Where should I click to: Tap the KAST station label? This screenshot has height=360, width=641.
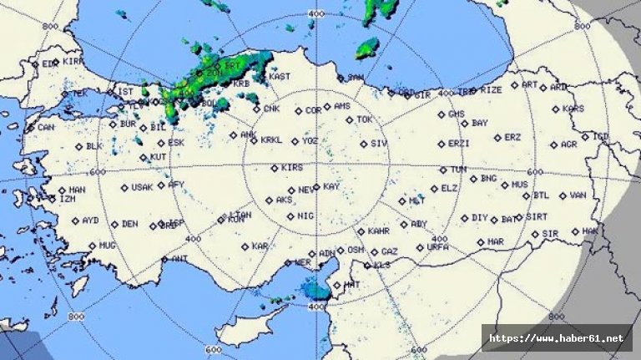(x=280, y=76)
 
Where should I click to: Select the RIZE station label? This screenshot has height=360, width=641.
(x=492, y=89)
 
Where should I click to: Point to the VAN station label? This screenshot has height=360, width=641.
(x=578, y=195)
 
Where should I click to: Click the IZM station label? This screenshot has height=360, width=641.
(x=66, y=199)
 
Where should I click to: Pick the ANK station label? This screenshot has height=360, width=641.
(x=248, y=134)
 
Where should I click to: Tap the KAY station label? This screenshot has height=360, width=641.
(x=331, y=186)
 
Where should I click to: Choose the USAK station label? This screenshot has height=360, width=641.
(x=142, y=187)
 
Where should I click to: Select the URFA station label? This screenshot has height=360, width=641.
(x=437, y=247)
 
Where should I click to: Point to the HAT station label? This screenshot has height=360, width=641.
(x=351, y=285)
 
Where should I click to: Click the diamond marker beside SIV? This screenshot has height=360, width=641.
(x=363, y=144)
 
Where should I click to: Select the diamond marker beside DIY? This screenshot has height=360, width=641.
(x=464, y=218)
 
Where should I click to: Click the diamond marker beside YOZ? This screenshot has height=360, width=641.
(x=293, y=140)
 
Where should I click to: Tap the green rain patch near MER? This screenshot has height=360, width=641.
(x=316, y=290)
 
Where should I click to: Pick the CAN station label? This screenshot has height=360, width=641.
(x=46, y=128)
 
